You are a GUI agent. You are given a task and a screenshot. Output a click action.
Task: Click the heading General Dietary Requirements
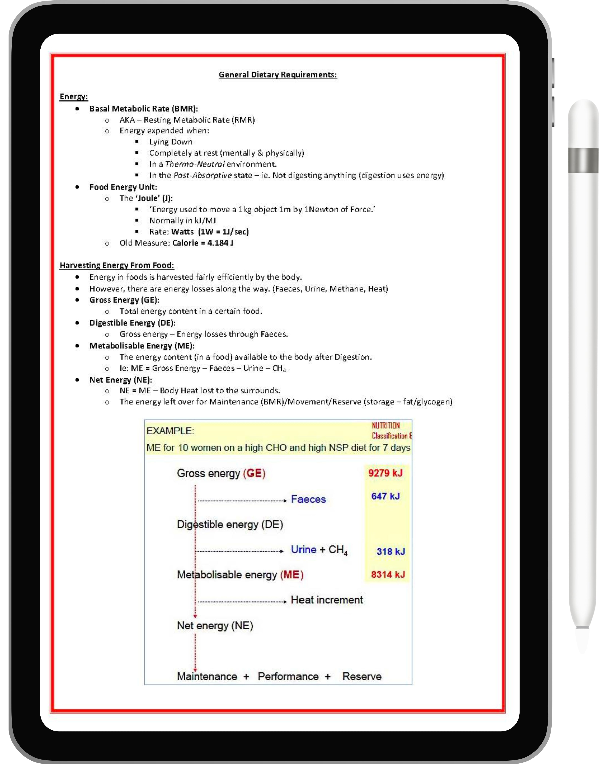tap(278, 75)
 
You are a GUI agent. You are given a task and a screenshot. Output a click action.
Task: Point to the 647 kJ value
tap(386, 496)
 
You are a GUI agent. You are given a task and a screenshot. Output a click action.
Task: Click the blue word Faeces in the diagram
tap(308, 499)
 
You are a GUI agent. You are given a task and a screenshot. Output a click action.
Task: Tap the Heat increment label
tap(327, 600)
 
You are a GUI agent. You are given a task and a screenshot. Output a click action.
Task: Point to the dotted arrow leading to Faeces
tap(242, 500)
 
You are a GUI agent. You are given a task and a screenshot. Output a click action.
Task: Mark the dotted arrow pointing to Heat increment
tap(242, 602)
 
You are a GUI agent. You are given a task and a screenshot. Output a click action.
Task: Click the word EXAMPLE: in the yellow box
tap(170, 431)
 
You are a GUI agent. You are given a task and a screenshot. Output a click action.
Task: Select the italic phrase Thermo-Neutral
tap(195, 164)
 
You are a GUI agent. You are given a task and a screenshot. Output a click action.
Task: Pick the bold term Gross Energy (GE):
tap(124, 300)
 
